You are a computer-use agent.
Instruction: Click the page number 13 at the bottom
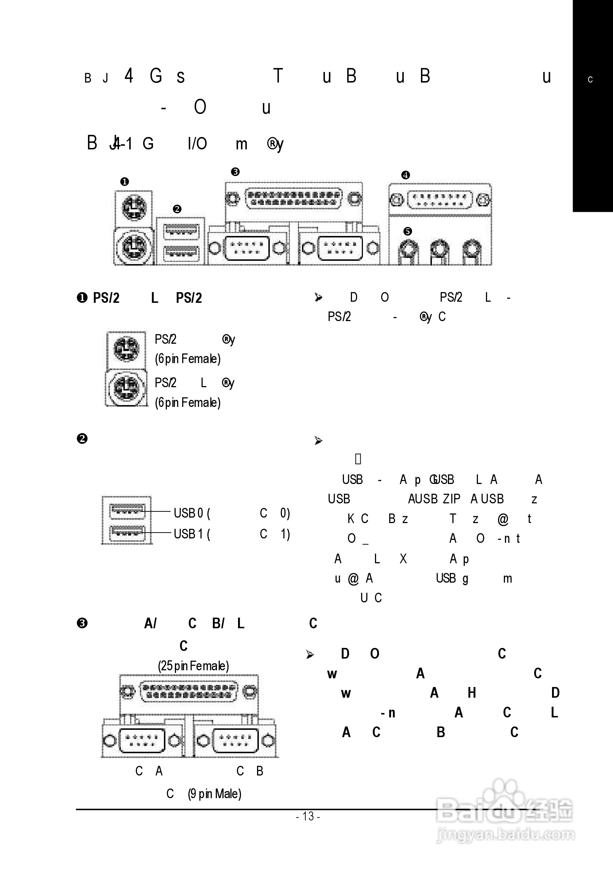[309, 816]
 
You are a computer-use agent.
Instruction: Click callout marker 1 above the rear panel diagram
[124, 182]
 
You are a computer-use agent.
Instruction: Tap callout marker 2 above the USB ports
[177, 209]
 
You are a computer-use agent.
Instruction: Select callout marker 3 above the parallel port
[235, 172]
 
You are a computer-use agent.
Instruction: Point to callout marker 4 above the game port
[405, 175]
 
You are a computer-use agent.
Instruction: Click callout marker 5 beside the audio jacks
[407, 231]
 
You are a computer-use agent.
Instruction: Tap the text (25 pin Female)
[194, 666]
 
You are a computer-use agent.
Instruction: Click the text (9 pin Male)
[215, 794]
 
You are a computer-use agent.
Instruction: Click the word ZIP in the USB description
[451, 499]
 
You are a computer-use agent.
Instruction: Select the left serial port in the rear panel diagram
[247, 248]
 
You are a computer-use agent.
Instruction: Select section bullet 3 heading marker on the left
[82, 624]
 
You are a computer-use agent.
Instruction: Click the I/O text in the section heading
[197, 144]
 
